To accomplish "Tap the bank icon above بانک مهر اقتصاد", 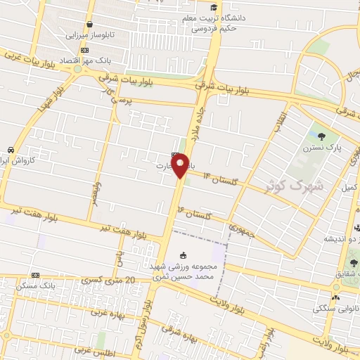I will pos(85,50).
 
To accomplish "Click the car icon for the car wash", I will pos(11,150).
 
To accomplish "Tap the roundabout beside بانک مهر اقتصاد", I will pos(77,70).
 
